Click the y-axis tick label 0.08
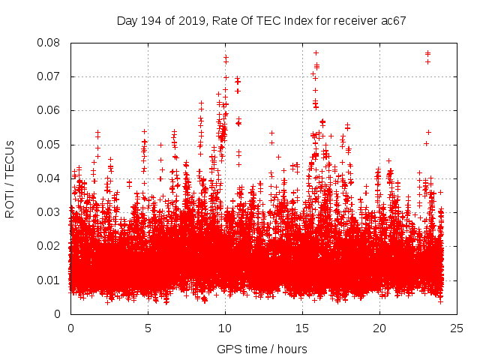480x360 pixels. click(51, 43)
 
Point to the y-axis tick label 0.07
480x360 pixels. click(51, 76)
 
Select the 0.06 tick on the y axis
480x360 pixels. click(51, 110)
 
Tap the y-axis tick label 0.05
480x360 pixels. click(51, 144)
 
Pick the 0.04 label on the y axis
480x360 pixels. click(51, 178)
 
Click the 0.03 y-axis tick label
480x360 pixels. click(51, 212)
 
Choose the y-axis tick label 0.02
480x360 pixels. click(51, 246)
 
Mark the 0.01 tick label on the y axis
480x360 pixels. click(51, 280)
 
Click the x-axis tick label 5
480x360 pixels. click(148, 328)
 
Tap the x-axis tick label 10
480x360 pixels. click(225, 328)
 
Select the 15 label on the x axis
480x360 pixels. click(302, 328)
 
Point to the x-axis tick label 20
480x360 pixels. click(379, 328)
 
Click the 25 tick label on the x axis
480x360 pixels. click(457, 328)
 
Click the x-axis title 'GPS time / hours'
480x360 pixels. click(262, 349)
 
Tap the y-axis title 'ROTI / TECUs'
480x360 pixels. click(10, 178)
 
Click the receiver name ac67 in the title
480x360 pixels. click(393, 20)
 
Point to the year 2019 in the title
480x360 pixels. click(191, 20)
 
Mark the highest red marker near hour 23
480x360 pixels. click(427, 53)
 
